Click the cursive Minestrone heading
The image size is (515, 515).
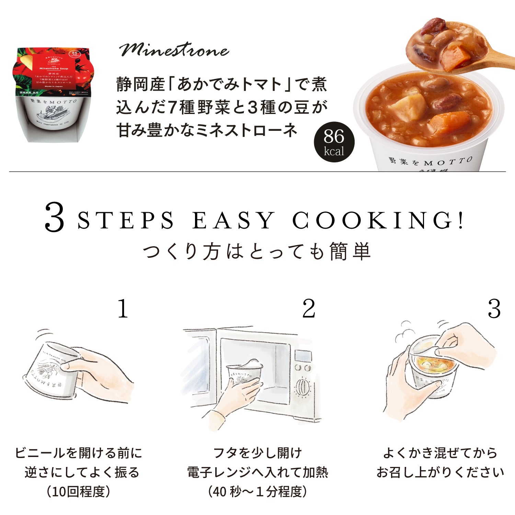point(174,50)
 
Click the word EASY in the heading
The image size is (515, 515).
point(233,220)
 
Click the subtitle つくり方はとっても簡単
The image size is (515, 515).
point(257,251)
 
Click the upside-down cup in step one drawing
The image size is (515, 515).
point(51,371)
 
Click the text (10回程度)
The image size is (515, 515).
point(79,492)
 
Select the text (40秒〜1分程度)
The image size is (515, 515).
point(257,492)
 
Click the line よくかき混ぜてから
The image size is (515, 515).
point(440,453)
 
